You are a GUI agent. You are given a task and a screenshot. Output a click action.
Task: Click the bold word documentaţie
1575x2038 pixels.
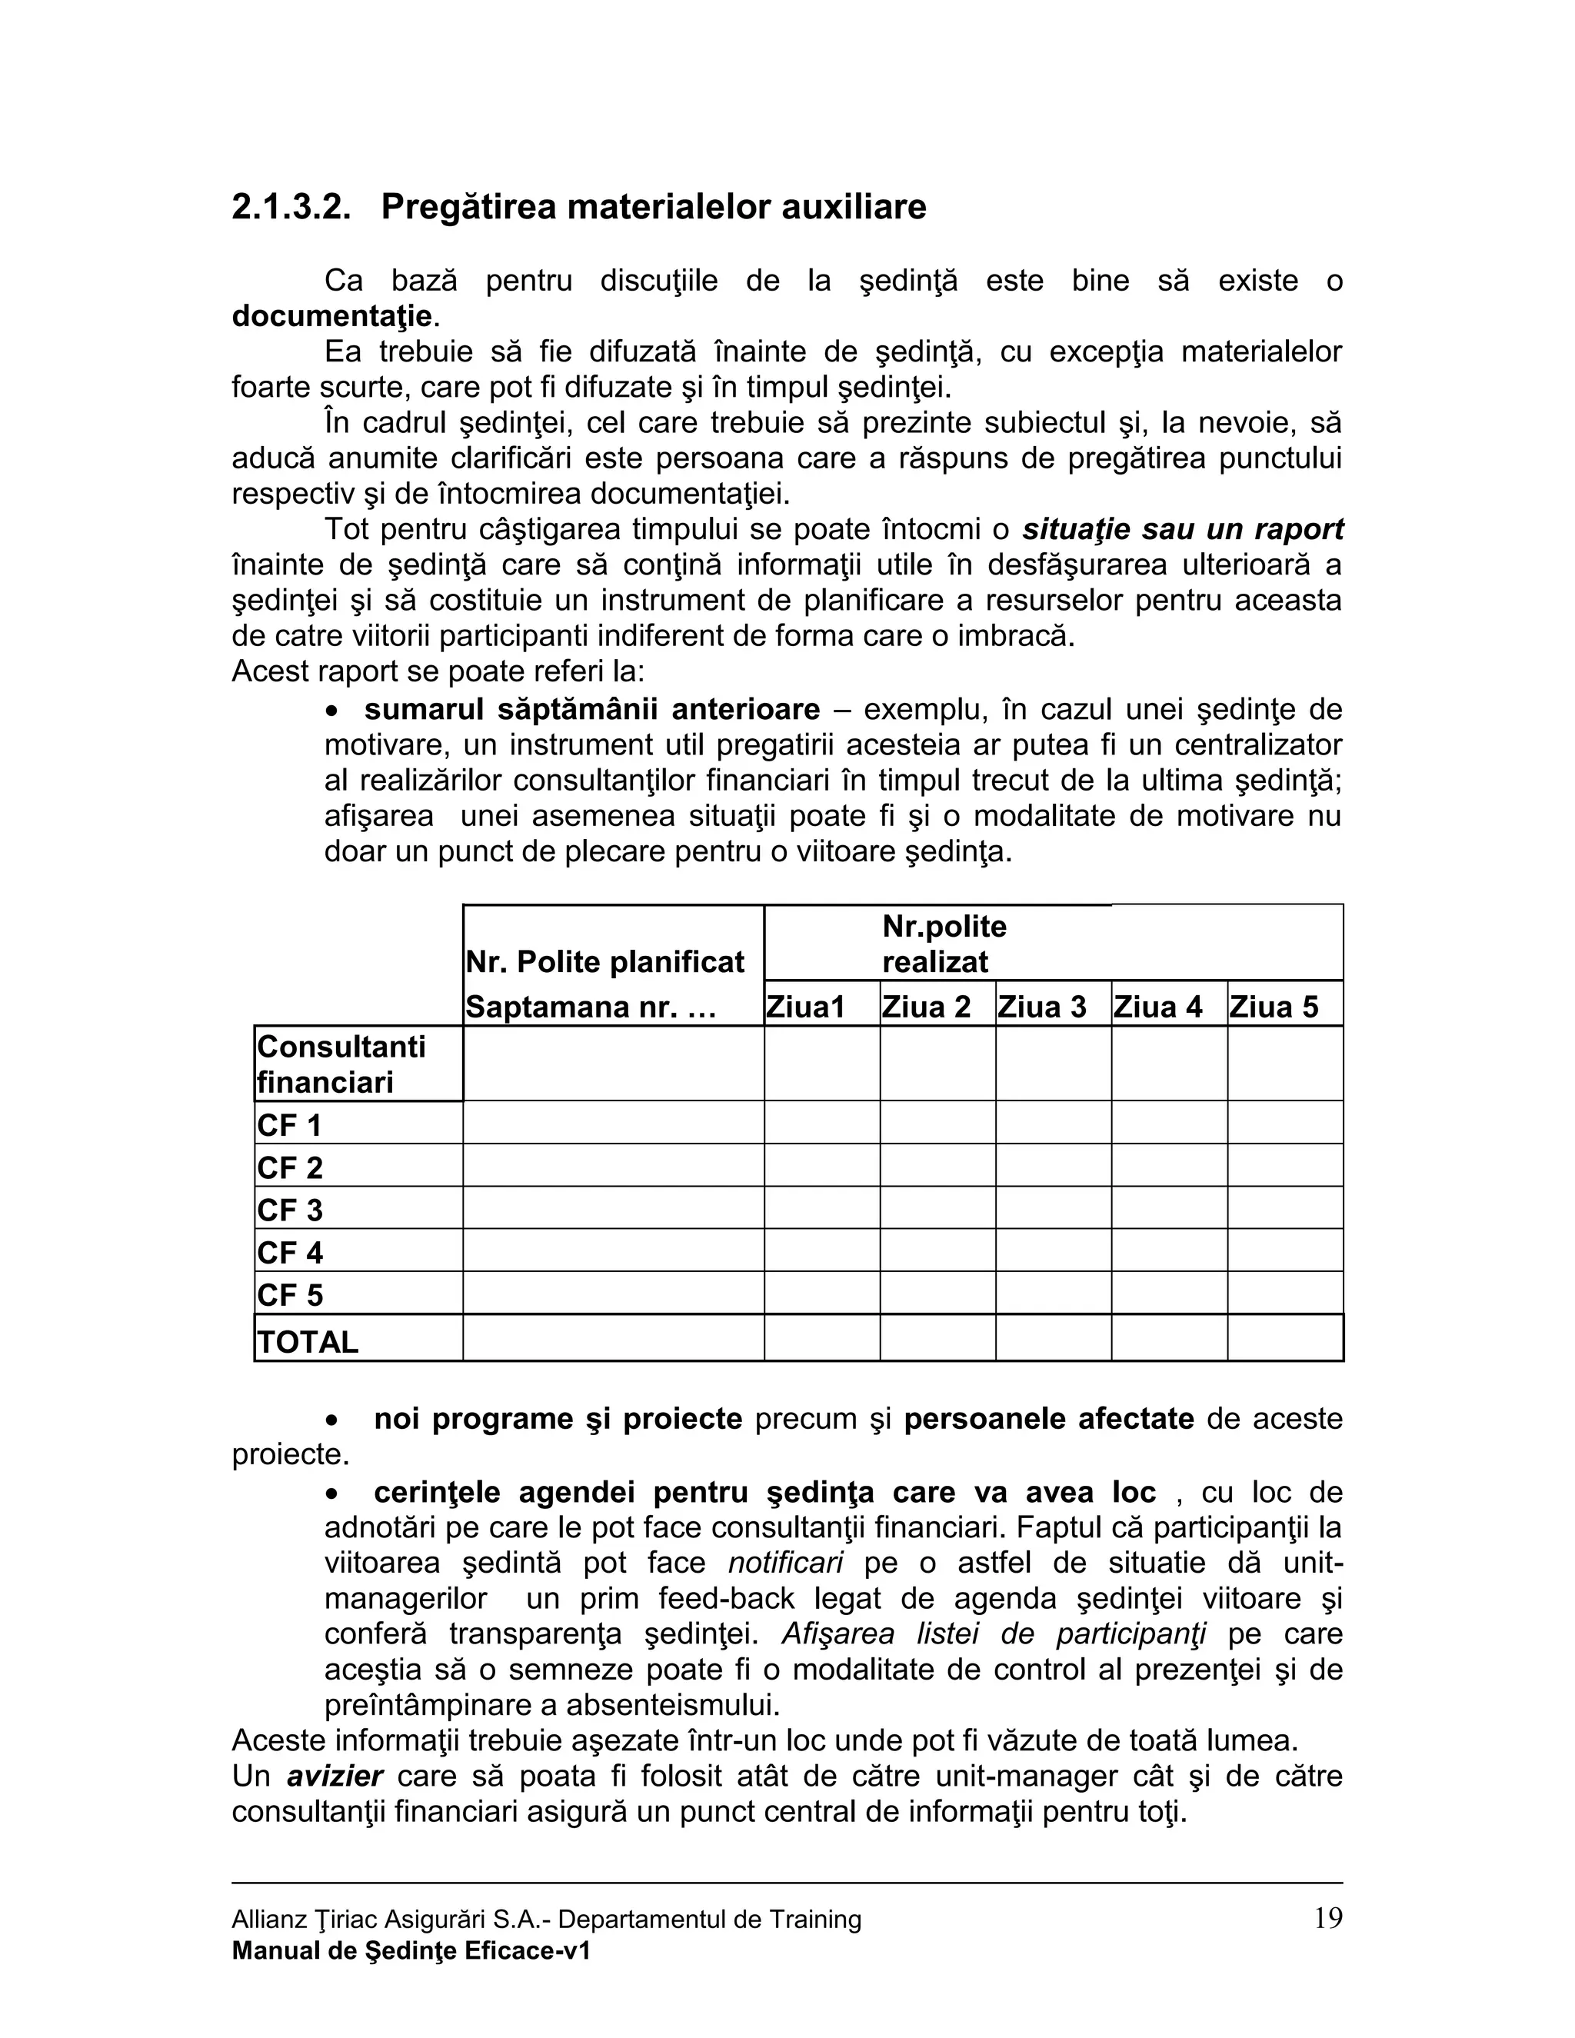pyautogui.click(x=331, y=316)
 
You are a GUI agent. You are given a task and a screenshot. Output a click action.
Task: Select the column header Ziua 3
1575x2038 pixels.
pyautogui.click(x=1041, y=1007)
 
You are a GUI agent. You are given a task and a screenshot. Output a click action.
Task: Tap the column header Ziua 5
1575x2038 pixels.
pyautogui.click(x=1273, y=1007)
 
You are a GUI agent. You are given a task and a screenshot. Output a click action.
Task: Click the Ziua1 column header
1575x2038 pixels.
pyautogui.click(x=804, y=1007)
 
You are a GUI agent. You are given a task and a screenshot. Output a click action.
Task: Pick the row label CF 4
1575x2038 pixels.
pyautogui.click(x=290, y=1252)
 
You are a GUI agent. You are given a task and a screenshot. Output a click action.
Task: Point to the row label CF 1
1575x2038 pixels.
pyautogui.click(x=289, y=1125)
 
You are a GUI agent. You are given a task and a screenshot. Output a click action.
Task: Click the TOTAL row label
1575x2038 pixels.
pyautogui.click(x=308, y=1342)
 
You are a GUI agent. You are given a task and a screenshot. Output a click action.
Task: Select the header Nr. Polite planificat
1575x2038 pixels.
pyautogui.click(x=604, y=962)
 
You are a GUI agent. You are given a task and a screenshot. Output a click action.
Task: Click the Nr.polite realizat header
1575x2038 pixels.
pyautogui.click(x=944, y=944)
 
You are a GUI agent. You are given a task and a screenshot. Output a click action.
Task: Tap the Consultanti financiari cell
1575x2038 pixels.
pyautogui.click(x=341, y=1064)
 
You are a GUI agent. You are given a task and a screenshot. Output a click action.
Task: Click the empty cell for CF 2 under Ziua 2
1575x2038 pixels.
pyautogui.click(x=937, y=1165)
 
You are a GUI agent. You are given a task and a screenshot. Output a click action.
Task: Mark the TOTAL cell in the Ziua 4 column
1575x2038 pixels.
pyautogui.click(x=1168, y=1338)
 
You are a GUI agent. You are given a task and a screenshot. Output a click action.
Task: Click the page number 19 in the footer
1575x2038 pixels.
pyautogui.click(x=1327, y=1919)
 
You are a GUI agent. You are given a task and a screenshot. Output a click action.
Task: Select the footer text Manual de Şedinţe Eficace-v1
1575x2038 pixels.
pyautogui.click(x=411, y=1950)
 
